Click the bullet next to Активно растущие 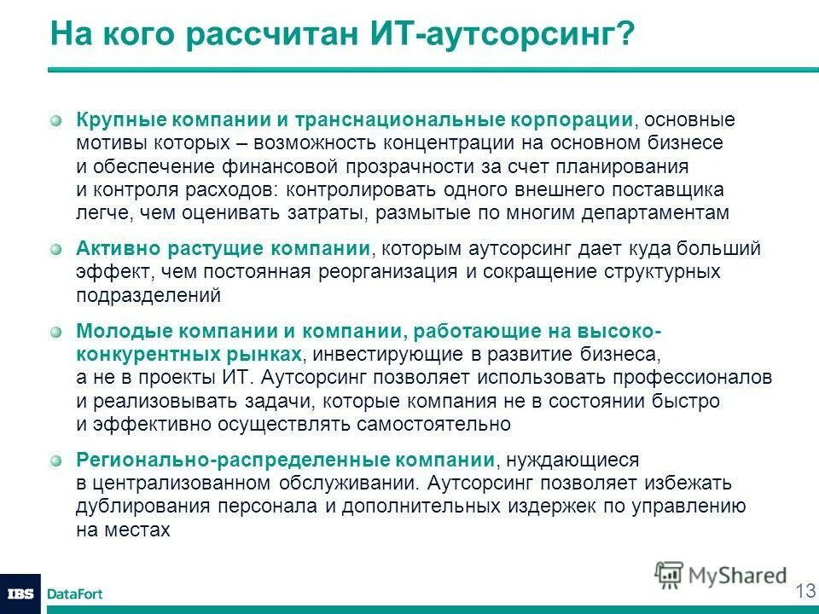[x=55, y=250]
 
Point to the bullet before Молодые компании [x=55, y=331]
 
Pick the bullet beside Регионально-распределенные [x=55, y=460]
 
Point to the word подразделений [x=148, y=296]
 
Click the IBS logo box [x=20, y=594]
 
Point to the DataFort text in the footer [x=74, y=594]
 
